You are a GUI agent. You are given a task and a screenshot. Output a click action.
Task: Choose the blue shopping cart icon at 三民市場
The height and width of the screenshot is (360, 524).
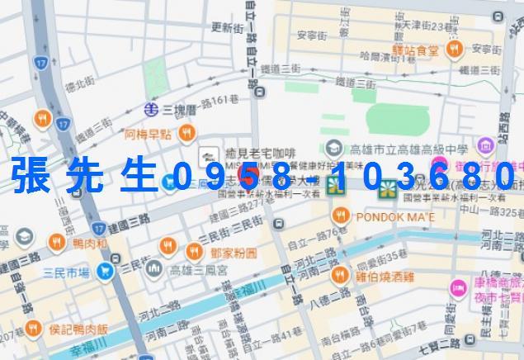point(105,269)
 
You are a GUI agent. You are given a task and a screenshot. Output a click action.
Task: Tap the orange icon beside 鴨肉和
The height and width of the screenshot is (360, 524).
point(56,241)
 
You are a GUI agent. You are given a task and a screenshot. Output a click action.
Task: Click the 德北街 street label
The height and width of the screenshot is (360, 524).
point(82,83)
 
